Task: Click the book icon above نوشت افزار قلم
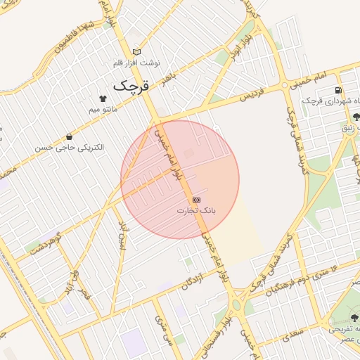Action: click(x=136, y=51)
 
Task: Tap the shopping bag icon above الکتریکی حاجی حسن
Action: click(x=69, y=136)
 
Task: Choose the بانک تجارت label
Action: click(x=196, y=210)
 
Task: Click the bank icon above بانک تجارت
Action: click(x=196, y=200)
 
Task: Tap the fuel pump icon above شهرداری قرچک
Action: click(x=339, y=90)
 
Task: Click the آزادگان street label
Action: click(x=196, y=280)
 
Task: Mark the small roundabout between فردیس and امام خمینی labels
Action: click(x=284, y=86)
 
